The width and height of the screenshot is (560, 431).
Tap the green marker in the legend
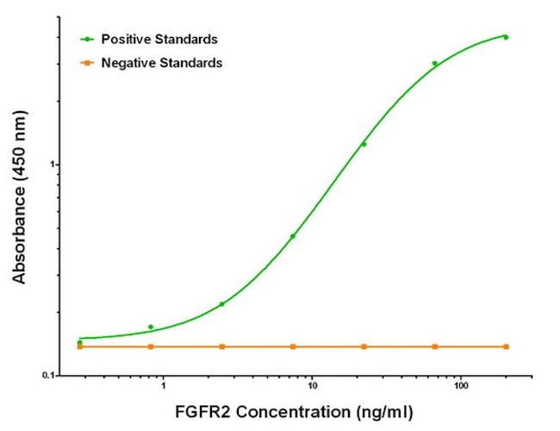(86, 40)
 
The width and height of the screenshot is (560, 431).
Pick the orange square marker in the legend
(86, 63)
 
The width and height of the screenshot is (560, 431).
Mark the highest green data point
(506, 37)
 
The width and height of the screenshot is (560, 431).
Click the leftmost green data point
(80, 343)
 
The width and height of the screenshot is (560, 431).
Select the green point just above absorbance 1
(364, 144)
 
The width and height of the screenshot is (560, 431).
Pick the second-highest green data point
(435, 63)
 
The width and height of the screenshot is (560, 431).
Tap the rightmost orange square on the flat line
(506, 347)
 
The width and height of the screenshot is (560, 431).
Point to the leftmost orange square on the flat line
(80, 347)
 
